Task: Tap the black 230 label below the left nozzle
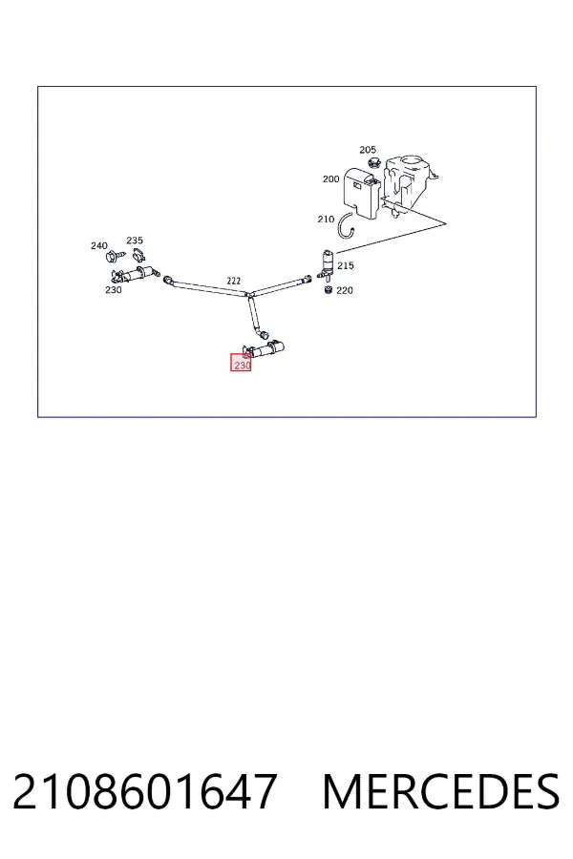[114, 290]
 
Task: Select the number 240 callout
[99, 245]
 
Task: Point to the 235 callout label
[135, 240]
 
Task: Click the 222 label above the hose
[234, 281]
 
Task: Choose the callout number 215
[346, 265]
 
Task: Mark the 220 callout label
[345, 290]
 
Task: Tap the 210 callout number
[326, 220]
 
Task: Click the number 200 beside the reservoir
[331, 178]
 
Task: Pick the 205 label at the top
[368, 150]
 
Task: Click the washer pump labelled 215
[327, 263]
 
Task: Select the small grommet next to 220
[329, 289]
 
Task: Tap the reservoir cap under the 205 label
[374, 162]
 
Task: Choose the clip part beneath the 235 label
[138, 254]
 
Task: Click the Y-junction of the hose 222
[248, 294]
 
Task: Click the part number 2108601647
[145, 791]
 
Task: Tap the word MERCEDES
[441, 791]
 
